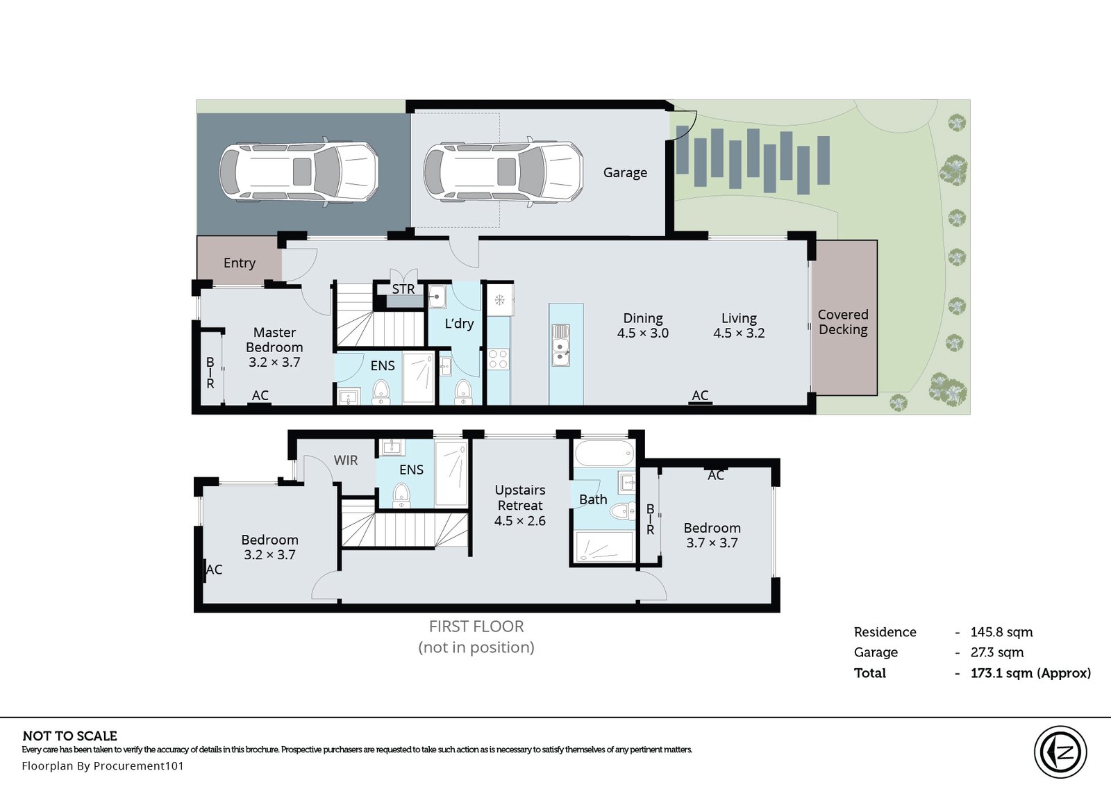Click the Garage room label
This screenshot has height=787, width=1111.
(625, 173)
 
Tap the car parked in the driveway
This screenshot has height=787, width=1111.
(299, 171)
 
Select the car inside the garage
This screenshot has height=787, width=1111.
(503, 171)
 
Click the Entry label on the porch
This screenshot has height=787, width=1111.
(239, 263)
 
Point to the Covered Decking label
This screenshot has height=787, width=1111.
(843, 322)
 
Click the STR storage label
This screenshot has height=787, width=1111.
(403, 289)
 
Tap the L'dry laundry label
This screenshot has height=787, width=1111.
(459, 324)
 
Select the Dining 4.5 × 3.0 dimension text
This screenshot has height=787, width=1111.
(643, 326)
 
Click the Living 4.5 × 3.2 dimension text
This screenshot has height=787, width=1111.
(739, 326)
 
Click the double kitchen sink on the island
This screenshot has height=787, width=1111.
(560, 345)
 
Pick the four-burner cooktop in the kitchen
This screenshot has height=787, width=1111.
(499, 359)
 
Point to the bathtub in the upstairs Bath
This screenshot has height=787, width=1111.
(604, 453)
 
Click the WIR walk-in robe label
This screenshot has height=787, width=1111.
(346, 461)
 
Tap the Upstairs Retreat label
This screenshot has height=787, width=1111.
(520, 498)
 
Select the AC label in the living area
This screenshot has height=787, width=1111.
(700, 395)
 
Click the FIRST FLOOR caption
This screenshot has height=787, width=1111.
(476, 627)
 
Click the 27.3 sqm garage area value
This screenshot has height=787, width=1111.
(997, 652)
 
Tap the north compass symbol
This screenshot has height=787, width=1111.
(1060, 752)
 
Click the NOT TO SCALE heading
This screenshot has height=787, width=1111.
(70, 736)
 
